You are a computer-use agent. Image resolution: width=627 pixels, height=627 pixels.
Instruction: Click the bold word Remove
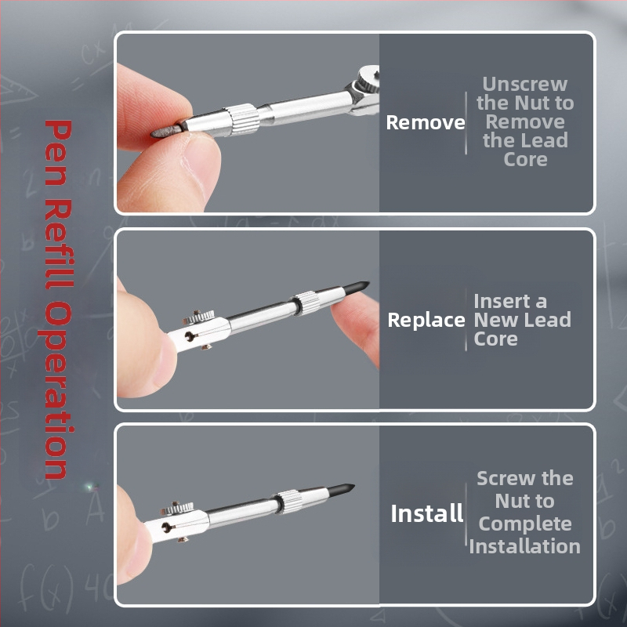click(x=426, y=122)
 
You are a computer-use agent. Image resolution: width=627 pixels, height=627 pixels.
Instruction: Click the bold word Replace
click(x=426, y=321)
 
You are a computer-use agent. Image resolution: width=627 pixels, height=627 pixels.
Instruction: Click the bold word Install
click(x=427, y=513)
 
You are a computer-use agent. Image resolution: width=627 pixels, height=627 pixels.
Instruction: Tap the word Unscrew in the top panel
click(x=525, y=85)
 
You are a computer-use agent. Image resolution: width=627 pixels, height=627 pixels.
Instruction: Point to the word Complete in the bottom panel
click(x=525, y=524)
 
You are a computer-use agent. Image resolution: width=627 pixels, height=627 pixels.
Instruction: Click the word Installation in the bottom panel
click(x=524, y=546)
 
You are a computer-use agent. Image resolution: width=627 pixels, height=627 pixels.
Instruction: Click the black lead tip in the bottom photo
click(x=341, y=490)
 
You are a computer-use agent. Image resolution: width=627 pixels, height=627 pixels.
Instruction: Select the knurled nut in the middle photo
click(x=306, y=303)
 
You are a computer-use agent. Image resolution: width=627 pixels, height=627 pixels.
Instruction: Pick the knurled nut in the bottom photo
click(x=288, y=502)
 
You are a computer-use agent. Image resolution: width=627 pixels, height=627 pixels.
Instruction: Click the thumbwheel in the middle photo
click(x=199, y=317)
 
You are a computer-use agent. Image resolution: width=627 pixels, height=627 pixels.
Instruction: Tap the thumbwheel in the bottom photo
click(x=177, y=508)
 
